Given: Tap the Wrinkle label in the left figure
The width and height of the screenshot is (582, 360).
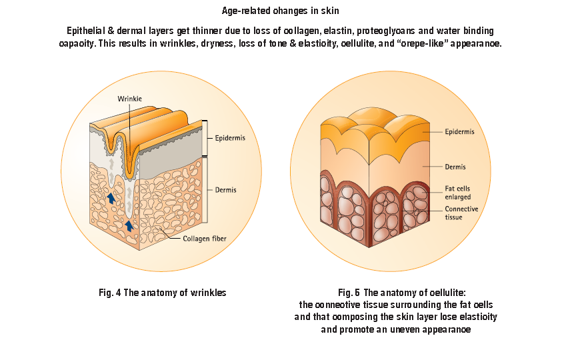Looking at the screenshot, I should pyautogui.click(x=129, y=99).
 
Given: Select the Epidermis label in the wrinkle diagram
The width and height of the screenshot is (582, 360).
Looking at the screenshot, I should pyautogui.click(x=230, y=139).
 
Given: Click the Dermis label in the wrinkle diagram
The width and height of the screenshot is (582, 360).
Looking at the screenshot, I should pyautogui.click(x=225, y=190).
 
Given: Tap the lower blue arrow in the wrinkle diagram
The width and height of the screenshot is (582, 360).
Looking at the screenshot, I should pyautogui.click(x=129, y=225).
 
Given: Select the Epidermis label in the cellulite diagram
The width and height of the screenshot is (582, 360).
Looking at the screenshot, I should pyautogui.click(x=459, y=132).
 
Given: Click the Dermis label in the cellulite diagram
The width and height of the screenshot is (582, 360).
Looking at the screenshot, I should pyautogui.click(x=455, y=167).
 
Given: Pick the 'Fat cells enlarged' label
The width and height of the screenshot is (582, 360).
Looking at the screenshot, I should pyautogui.click(x=457, y=193).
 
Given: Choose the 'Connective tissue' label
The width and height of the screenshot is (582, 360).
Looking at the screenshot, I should pyautogui.click(x=461, y=213).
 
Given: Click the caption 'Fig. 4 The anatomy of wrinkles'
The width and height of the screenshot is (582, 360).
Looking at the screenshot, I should pyautogui.click(x=163, y=292).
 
